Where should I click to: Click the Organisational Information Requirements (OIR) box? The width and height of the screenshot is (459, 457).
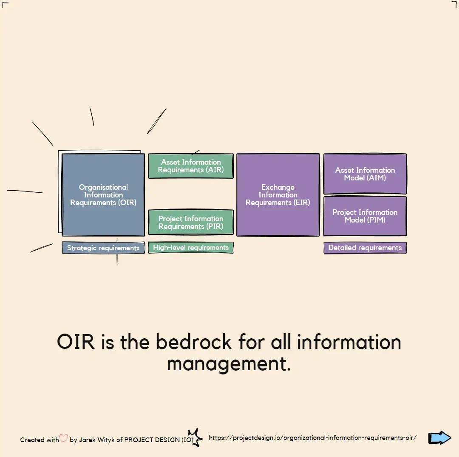point(103,195)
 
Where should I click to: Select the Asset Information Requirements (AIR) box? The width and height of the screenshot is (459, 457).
point(191,166)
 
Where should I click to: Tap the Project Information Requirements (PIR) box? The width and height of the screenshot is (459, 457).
point(191,223)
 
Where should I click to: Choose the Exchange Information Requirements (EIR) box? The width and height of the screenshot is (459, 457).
point(278,195)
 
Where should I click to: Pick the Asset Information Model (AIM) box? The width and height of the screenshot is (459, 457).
point(365,174)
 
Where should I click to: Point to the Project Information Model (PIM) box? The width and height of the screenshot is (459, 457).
point(365,216)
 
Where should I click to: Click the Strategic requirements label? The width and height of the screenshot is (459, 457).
point(103,248)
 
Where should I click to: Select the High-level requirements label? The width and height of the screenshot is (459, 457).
point(191,247)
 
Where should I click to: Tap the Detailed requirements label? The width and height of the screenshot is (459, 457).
point(365,248)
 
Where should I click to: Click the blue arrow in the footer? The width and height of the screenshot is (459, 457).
point(439,438)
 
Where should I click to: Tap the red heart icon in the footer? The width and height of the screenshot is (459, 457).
point(64,438)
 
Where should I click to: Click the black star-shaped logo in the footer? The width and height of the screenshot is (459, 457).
point(195,438)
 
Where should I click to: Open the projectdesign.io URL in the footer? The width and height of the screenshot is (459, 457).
point(313,438)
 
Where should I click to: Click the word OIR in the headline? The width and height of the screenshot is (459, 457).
point(76,342)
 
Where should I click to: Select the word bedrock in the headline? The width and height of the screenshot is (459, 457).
point(193,342)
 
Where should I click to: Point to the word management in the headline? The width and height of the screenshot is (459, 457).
point(229,364)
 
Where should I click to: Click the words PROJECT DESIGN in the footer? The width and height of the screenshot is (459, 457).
point(152,440)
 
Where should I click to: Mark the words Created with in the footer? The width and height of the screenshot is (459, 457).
point(40,440)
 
